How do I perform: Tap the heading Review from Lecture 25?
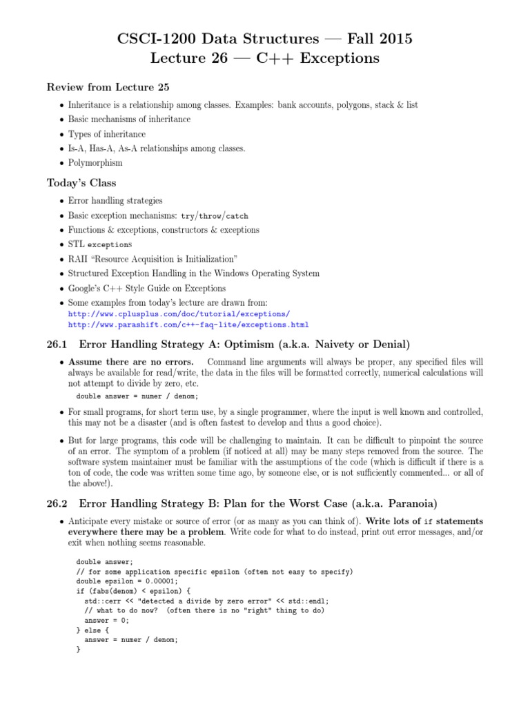[108, 87]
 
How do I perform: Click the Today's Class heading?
[81, 183]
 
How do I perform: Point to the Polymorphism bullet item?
[95, 163]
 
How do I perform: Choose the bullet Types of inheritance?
[107, 134]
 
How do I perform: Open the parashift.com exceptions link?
[188, 325]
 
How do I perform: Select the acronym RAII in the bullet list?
[78, 259]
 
